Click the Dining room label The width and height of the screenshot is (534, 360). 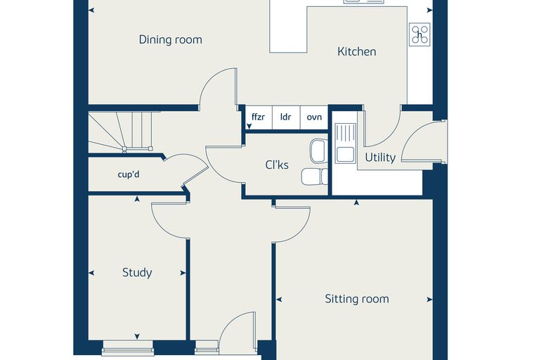[170, 39]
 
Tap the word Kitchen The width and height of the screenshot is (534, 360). [356, 51]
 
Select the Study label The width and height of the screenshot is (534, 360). [137, 272]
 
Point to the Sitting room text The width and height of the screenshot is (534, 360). [356, 299]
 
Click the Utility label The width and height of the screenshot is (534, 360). [380, 157]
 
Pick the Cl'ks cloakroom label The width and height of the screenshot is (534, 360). [277, 165]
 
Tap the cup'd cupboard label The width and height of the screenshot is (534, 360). [129, 174]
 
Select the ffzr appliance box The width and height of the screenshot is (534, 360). [259, 117]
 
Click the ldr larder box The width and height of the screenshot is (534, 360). [286, 117]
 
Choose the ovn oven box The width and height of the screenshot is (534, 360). [314, 117]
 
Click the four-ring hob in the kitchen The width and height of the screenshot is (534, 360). [420, 34]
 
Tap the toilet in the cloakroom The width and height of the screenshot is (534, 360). [314, 176]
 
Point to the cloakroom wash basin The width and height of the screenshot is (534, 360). [318, 150]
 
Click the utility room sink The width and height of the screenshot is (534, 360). [346, 143]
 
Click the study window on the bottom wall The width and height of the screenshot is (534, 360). [128, 347]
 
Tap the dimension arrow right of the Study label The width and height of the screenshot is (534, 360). [183, 273]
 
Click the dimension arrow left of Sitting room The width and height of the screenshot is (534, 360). [279, 300]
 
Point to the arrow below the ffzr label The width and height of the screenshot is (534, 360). [249, 127]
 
